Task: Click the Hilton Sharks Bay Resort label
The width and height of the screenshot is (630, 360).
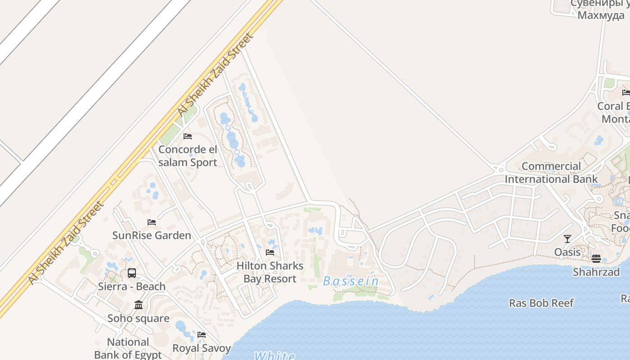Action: [270, 272]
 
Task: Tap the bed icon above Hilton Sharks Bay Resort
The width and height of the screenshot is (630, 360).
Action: [270, 252]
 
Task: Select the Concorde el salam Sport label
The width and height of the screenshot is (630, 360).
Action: [188, 156]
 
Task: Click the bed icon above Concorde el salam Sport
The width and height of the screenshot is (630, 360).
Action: [188, 136]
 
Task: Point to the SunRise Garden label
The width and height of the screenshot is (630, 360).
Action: [152, 235]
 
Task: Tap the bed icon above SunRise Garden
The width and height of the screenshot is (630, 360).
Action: [152, 222]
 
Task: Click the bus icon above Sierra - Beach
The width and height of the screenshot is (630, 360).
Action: [132, 273]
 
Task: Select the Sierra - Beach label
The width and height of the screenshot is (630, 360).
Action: [132, 286]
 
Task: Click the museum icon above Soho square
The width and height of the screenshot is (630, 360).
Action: [139, 305]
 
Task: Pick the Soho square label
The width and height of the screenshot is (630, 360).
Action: [139, 318]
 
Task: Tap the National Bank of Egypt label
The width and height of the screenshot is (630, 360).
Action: [128, 348]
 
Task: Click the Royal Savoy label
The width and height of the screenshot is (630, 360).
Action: [202, 348]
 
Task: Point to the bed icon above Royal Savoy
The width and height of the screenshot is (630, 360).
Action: [202, 335]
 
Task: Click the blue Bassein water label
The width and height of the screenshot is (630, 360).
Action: [351, 281]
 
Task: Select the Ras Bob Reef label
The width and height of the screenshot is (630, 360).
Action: [541, 303]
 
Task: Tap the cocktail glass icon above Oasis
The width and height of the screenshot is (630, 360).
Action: [567, 239]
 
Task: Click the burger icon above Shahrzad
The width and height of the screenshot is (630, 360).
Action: [596, 259]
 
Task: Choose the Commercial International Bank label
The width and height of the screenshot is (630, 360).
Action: [551, 173]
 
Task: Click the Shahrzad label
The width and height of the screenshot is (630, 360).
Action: [596, 272]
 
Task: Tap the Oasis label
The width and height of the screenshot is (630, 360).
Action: [567, 252]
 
